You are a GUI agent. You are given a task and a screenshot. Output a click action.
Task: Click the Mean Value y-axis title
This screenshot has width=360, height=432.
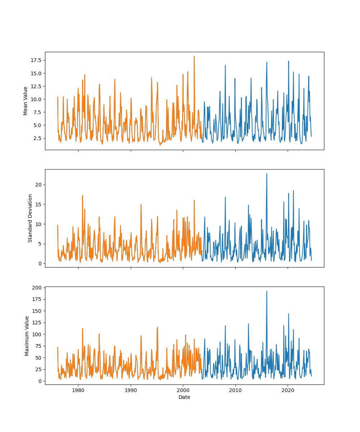tap(26, 101)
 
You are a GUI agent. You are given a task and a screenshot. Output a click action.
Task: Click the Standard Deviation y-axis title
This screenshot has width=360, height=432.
tap(30, 218)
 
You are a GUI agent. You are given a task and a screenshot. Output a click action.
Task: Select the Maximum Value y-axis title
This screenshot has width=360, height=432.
tap(27, 336)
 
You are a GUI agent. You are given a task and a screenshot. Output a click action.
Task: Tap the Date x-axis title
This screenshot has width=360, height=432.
tap(184, 397)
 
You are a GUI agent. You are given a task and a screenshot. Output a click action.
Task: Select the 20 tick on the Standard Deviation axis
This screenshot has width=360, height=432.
tap(39, 185)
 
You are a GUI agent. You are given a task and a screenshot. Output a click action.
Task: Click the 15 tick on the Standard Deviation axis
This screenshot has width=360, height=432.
tap(39, 204)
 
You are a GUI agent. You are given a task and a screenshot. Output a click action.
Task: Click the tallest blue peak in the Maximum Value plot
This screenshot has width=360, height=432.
tap(267, 291)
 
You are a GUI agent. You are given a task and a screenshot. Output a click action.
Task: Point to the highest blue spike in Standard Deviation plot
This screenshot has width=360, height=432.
tap(267, 174)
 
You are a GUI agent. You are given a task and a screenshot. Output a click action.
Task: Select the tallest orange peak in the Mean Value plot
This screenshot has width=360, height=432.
tap(194, 57)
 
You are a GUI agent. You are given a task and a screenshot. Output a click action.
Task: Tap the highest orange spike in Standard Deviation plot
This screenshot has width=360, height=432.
tap(82, 196)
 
